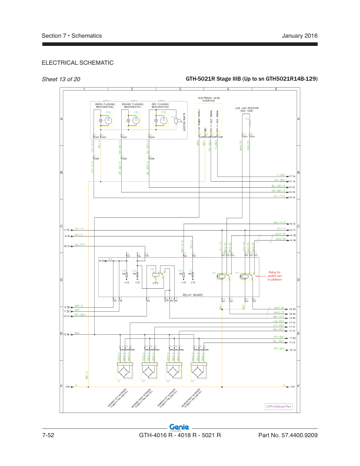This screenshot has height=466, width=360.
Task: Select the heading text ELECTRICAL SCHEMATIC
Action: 78,63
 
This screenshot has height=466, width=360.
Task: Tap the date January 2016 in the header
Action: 300,36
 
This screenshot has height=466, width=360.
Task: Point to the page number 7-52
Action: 48,436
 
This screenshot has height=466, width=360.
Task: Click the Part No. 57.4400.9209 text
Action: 288,436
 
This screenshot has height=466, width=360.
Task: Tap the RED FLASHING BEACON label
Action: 161,105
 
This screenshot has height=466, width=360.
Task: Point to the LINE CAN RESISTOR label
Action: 247,109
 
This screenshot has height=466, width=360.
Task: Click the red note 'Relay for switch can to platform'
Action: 275,277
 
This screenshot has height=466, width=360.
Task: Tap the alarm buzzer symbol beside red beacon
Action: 177,121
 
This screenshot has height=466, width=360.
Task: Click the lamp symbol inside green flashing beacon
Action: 108,121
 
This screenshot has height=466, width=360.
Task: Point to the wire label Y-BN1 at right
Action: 281,175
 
